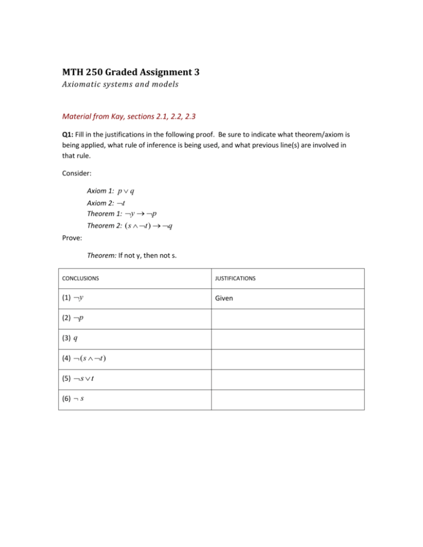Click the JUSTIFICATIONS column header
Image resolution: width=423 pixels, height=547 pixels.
(237, 279)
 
